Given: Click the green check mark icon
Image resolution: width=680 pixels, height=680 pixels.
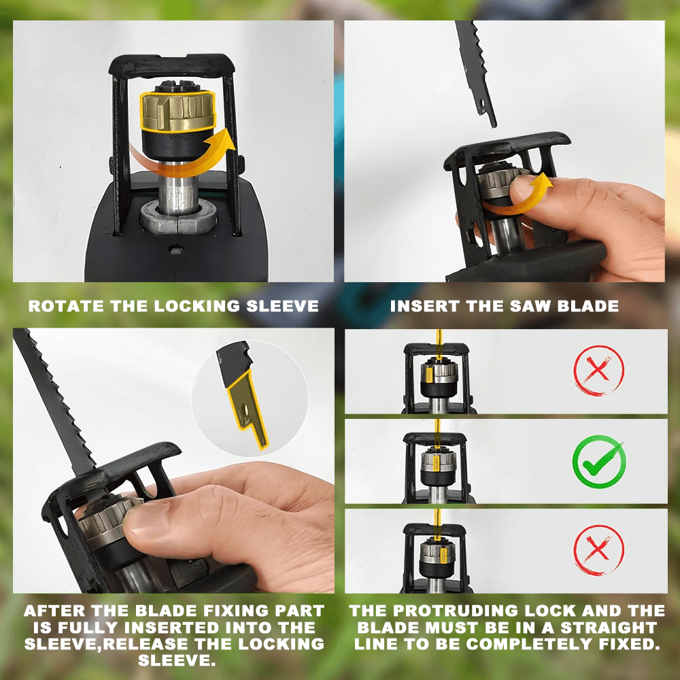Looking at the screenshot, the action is pos(599,462).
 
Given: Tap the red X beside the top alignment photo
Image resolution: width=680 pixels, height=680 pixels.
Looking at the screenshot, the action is pos(598,371).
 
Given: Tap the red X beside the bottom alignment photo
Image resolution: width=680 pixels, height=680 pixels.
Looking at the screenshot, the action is pos(598,550).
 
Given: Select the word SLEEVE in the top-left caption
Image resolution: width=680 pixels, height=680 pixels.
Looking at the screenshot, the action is pos(282,306).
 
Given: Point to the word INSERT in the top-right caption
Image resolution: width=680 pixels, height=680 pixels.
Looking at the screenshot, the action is pos(425,306).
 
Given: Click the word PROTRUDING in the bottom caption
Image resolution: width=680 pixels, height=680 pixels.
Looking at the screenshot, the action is pos(456,611).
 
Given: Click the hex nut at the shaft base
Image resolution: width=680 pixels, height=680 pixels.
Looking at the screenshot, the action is pos(178,218).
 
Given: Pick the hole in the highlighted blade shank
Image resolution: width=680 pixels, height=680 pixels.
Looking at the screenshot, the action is pos(245,410).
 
